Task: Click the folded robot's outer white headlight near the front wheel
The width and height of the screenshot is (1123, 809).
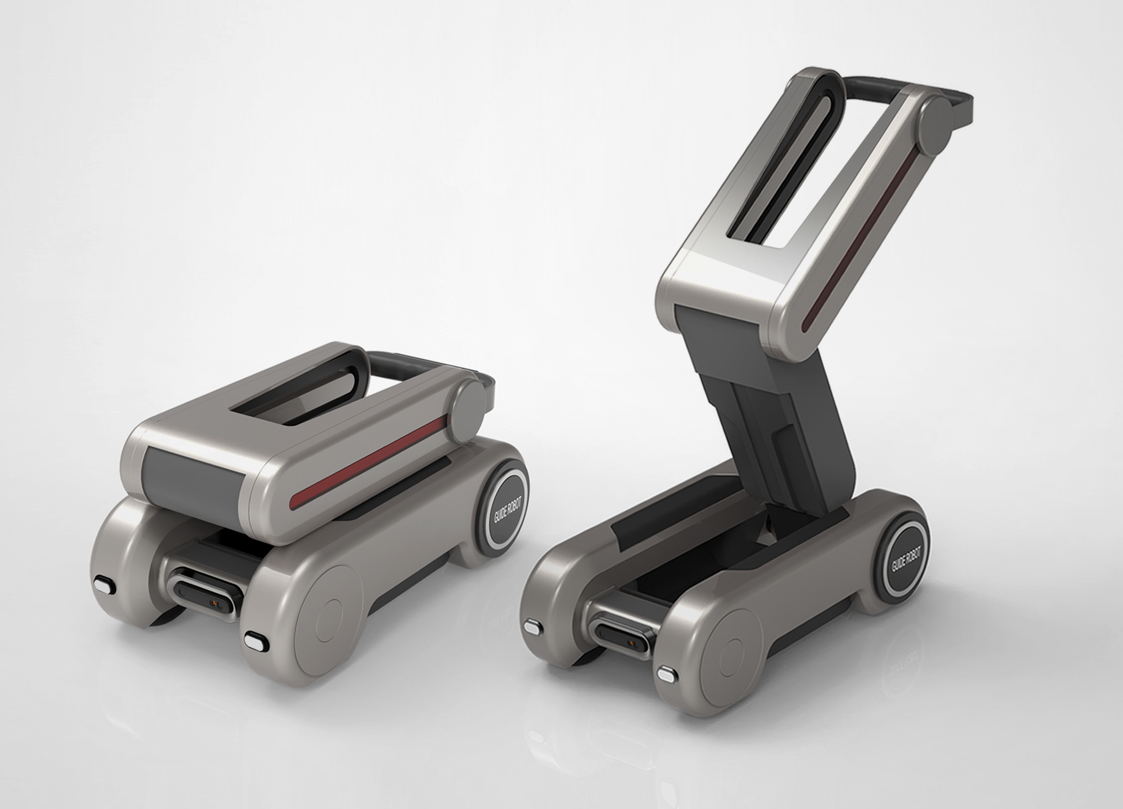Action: click(256, 641)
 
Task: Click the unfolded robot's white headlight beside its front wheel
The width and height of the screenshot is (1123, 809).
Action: click(667, 674)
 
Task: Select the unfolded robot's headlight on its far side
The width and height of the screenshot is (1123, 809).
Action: click(533, 627)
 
